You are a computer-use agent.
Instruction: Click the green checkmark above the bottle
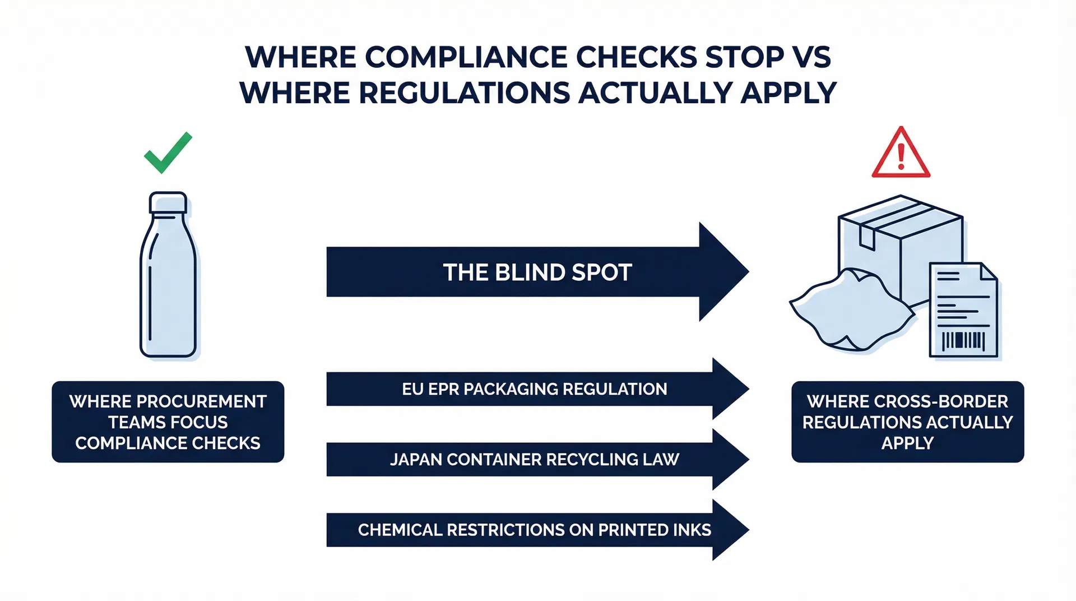point(168,153)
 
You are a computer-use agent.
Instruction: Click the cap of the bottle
point(168,203)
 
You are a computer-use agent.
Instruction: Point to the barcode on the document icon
point(963,340)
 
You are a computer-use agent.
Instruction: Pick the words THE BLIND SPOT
point(537,272)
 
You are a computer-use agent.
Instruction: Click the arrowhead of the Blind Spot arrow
point(723,272)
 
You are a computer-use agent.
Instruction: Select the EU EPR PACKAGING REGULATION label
point(534,389)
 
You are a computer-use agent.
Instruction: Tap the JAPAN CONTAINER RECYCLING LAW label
point(534,460)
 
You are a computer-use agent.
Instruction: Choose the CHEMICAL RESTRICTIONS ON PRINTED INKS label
point(534,530)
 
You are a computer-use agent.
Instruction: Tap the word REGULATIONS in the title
point(464,93)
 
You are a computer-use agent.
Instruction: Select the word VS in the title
point(811,57)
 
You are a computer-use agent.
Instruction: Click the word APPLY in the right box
point(907,443)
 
